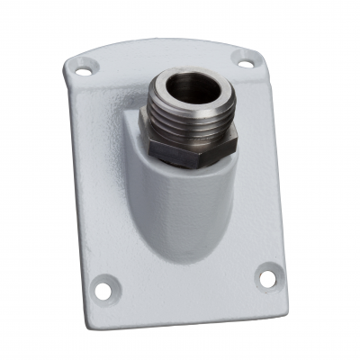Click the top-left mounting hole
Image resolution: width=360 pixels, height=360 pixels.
pos(83,66)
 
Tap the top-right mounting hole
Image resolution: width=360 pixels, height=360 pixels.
pos(244,60)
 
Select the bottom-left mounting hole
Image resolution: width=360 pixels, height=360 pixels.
pos(106,288)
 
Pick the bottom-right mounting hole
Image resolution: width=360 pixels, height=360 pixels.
pos(267,278)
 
